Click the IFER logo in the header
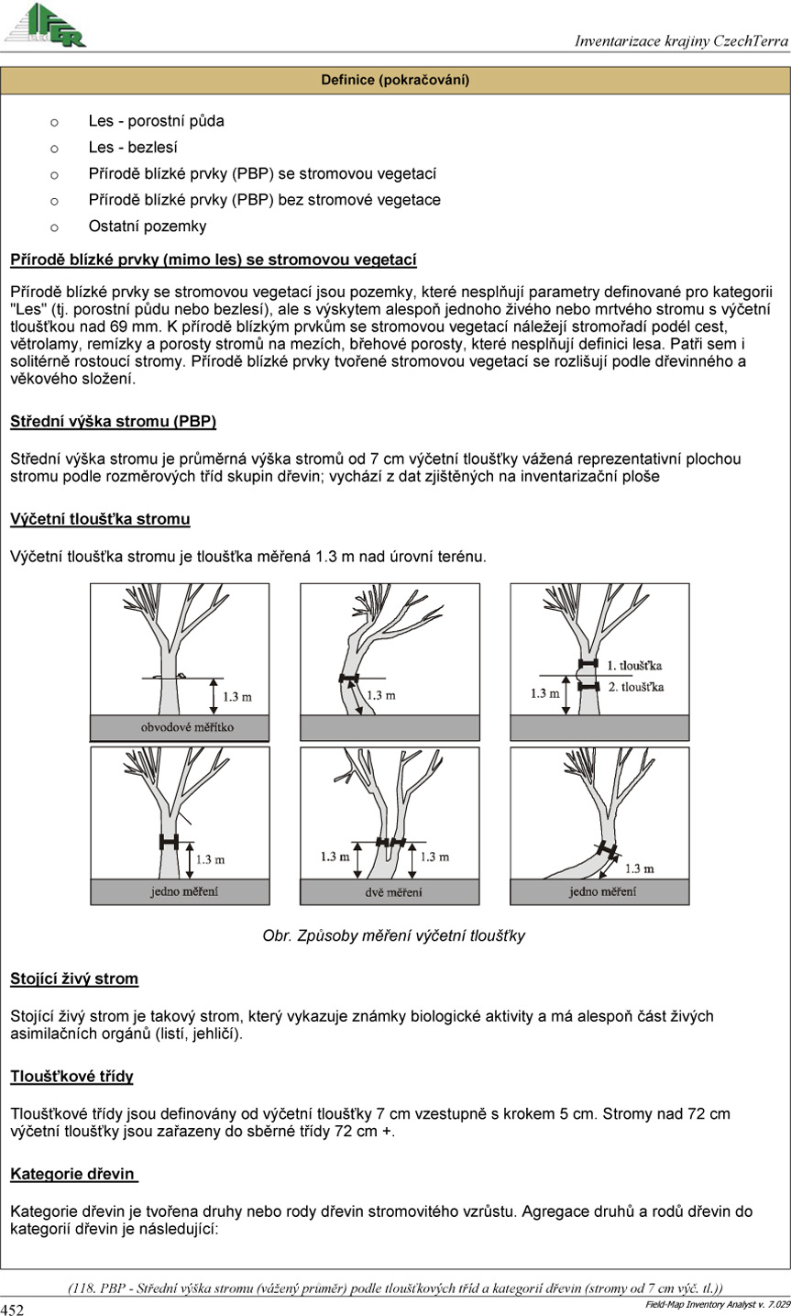[46, 25]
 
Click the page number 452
[12, 1309]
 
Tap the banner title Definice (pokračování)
[395, 80]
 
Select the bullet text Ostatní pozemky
[148, 227]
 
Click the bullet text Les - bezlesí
[133, 147]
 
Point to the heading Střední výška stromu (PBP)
[114, 422]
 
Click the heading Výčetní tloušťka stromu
[100, 519]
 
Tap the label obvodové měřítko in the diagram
[187, 727]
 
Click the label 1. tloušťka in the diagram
[634, 666]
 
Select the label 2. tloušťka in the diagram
[635, 687]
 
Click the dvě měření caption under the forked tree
[393, 891]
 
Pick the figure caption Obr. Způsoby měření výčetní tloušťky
[393, 935]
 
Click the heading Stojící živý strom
[74, 979]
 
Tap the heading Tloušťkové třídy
[71, 1077]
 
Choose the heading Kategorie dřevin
[72, 1174]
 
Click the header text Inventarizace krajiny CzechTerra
[681, 40]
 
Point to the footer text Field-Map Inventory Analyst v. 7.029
[718, 1305]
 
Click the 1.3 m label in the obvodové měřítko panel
[237, 697]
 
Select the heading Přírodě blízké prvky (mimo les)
[214, 260]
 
